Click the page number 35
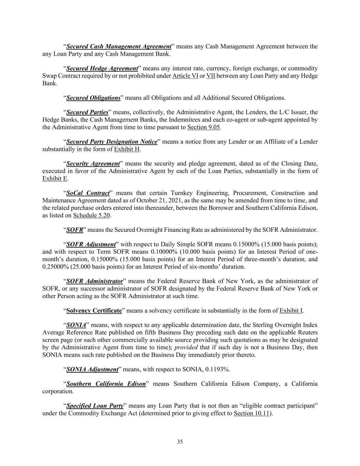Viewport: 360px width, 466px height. (180, 442)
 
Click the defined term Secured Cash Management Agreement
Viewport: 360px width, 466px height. (118, 46)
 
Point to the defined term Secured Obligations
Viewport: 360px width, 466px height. (93, 98)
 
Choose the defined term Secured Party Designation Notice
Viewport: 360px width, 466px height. (112, 142)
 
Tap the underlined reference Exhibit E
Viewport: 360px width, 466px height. (55, 179)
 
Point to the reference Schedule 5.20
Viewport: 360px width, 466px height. (91, 215)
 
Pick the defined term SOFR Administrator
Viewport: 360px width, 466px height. (95, 281)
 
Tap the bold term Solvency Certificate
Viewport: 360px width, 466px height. (94, 311)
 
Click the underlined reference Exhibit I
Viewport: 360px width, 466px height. (291, 311)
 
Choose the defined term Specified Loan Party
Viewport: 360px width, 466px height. (95, 406)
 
